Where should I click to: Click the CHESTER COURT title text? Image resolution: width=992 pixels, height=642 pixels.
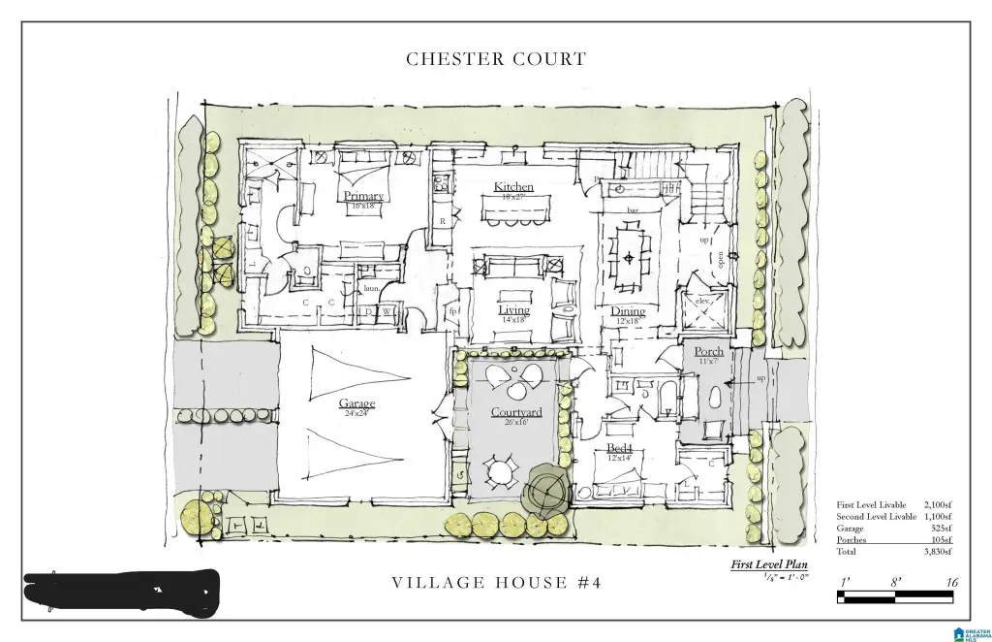point(496,59)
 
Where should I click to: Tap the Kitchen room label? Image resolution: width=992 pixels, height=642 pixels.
point(513,186)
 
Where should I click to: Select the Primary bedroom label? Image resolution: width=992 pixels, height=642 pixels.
point(363,196)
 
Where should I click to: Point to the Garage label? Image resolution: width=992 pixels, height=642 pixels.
point(356,403)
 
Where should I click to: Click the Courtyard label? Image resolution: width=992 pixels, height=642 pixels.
point(515,412)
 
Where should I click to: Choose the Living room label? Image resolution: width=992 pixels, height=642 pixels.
point(513,310)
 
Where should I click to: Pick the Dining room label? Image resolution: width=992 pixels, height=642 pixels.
point(628,311)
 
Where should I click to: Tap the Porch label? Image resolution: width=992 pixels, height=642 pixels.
point(708,351)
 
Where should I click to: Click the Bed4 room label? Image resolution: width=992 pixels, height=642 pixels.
point(620,449)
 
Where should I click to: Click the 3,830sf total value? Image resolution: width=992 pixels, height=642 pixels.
point(935,551)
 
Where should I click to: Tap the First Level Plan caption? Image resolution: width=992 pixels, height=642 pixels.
point(769,564)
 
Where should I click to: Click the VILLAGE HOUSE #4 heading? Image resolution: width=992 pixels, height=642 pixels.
point(496,583)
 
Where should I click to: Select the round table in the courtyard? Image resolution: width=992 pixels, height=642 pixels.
point(500,473)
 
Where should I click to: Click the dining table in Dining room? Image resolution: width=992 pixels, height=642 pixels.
point(630,258)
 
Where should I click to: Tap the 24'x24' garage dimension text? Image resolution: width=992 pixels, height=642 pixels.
point(356,414)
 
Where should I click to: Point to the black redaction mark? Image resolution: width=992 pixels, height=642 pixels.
point(121,588)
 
